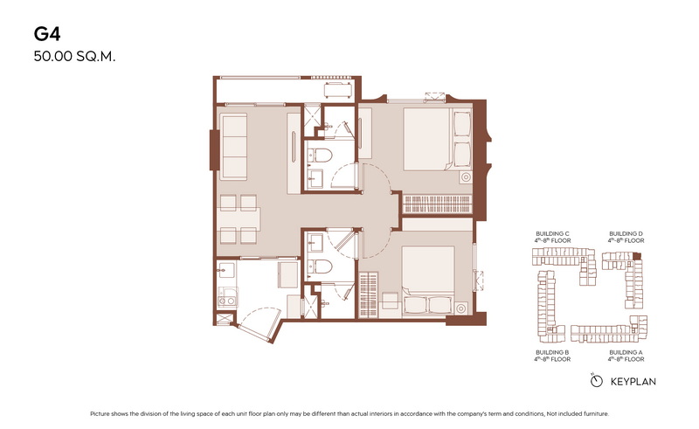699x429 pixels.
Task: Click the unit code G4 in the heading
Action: [x=47, y=34]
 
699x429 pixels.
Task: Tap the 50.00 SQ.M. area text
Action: [x=74, y=57]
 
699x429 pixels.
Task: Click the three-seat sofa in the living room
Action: [x=233, y=146]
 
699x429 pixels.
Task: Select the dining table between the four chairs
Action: [x=238, y=219]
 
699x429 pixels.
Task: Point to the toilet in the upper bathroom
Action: [x=320, y=156]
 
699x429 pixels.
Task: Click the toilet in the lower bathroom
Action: [x=320, y=266]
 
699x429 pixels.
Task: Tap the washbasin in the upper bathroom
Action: [x=316, y=179]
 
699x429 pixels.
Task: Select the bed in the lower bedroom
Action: [x=428, y=281]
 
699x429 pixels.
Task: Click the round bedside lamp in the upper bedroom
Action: [x=466, y=177]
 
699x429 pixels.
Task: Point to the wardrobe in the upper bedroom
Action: [x=438, y=204]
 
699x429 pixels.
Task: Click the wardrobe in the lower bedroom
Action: [x=368, y=294]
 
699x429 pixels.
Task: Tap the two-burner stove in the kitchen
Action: [x=227, y=296]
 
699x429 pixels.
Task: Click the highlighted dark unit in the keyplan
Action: [x=637, y=256]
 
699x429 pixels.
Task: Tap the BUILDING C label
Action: [x=552, y=233]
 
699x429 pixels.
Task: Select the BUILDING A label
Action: [x=626, y=352]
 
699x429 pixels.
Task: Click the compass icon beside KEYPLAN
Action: [x=596, y=381]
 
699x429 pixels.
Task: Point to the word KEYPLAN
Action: [x=633, y=382]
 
